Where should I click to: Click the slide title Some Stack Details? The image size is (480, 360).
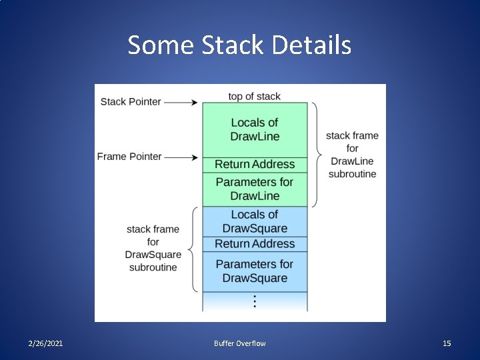coord(239,45)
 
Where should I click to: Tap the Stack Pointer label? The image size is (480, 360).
coord(131,101)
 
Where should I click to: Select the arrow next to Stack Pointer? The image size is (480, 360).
coord(181,102)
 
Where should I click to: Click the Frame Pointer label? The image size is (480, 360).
coord(129,156)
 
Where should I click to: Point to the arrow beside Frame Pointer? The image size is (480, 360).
coord(181,157)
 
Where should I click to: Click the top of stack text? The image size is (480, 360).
coord(254,96)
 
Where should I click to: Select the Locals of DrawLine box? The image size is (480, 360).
coord(255,129)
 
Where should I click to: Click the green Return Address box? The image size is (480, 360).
coord(255,165)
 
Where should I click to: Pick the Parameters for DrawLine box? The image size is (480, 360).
coord(255,189)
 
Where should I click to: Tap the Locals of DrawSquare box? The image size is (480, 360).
coord(255,221)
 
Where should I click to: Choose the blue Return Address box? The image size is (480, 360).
coord(255,244)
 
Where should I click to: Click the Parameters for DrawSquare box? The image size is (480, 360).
coord(255,271)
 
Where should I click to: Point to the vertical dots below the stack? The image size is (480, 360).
coord(255,301)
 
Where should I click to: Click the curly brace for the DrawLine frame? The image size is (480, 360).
coord(316,155)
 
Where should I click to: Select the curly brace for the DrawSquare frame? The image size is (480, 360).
coord(193,249)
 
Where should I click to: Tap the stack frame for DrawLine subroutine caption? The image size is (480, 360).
coord(352,155)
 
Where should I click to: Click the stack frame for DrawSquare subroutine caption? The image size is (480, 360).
coord(153,248)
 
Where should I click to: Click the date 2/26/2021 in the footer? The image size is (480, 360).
coord(46,343)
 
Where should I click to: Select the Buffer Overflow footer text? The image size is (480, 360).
coord(239,343)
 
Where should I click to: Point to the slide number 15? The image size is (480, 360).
coord(447,343)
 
